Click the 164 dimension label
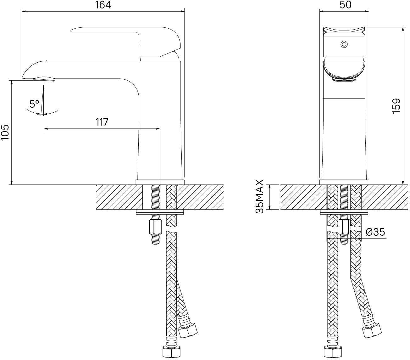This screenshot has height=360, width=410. click(x=103, y=5)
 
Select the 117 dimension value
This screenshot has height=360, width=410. click(x=102, y=122)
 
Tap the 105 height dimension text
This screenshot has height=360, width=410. click(x=5, y=132)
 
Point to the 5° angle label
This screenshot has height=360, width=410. click(x=34, y=104)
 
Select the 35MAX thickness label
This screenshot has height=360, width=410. click(x=260, y=197)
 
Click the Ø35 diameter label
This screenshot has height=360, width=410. click(x=375, y=232)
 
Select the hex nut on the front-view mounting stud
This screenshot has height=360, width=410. click(x=345, y=227)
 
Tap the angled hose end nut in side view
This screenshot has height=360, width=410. click(x=187, y=330)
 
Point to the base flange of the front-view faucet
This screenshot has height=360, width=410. click(x=344, y=182)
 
